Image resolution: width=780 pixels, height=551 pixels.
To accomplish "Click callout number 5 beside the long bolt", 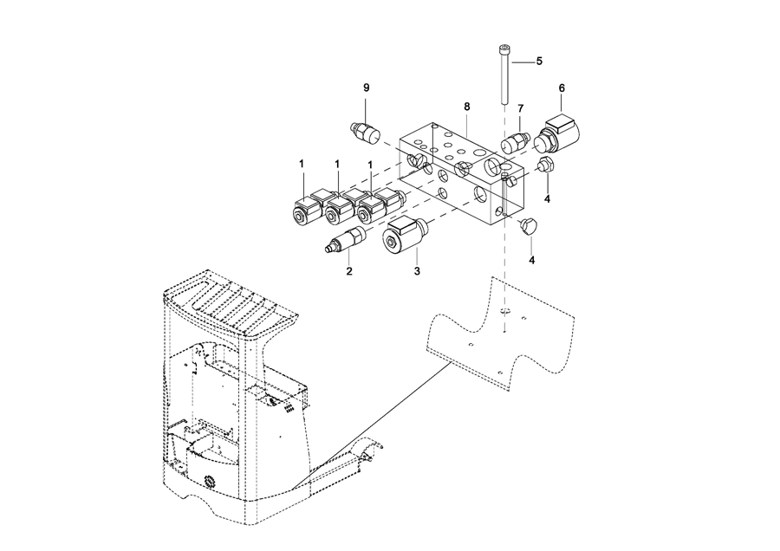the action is click(539, 62).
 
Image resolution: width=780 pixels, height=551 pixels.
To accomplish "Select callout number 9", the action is click(367, 88).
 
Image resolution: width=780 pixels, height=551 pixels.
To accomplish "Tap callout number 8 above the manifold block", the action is click(466, 107).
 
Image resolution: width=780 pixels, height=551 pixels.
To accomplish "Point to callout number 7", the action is click(520, 108).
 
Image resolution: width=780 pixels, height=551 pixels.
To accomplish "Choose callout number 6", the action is click(562, 88).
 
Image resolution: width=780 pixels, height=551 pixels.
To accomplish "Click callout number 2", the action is click(349, 271).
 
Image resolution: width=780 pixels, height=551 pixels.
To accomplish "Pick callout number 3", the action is click(417, 271).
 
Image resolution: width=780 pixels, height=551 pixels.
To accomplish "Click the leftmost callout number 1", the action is click(302, 164).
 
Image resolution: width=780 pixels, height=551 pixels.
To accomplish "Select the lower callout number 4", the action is click(532, 260).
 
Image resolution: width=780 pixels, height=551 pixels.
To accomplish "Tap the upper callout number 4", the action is click(547, 199).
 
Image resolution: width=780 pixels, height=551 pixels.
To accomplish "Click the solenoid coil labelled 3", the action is click(406, 237).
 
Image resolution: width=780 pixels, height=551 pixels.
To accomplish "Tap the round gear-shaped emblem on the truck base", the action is click(211, 482).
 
